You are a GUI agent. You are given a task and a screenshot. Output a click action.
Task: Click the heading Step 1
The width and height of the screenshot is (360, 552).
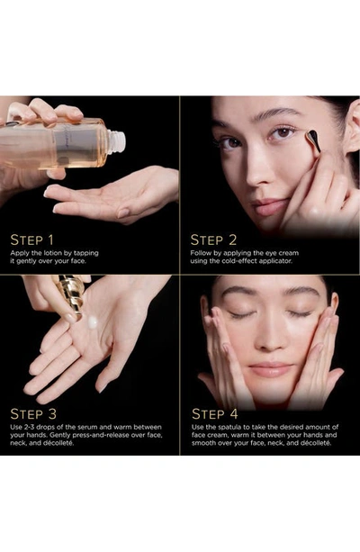(32, 240)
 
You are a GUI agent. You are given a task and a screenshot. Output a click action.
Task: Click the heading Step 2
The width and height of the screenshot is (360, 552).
(213, 240)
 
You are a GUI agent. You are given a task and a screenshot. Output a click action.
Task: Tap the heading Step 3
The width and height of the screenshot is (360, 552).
(33, 414)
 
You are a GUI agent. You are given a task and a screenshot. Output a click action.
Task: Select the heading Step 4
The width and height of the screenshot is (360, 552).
(215, 414)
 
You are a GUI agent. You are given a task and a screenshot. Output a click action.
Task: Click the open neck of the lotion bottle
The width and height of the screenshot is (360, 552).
(116, 142)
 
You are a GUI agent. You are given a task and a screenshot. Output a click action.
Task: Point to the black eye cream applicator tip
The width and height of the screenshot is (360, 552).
(313, 140)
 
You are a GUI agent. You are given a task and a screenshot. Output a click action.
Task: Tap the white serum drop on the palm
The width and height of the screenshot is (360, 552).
(93, 322)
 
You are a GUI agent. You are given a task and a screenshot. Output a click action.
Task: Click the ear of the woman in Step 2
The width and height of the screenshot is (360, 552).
(352, 127)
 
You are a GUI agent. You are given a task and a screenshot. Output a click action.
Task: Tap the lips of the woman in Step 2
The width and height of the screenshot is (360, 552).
(270, 207)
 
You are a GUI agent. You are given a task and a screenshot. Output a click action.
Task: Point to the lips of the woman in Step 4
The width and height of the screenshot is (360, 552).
(270, 370)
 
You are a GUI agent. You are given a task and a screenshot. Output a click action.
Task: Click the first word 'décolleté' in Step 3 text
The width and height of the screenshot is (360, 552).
(58, 443)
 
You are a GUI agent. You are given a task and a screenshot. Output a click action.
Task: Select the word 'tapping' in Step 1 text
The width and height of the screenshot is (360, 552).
(86, 253)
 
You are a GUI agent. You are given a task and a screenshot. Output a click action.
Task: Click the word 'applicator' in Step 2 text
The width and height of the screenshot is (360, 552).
(275, 261)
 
